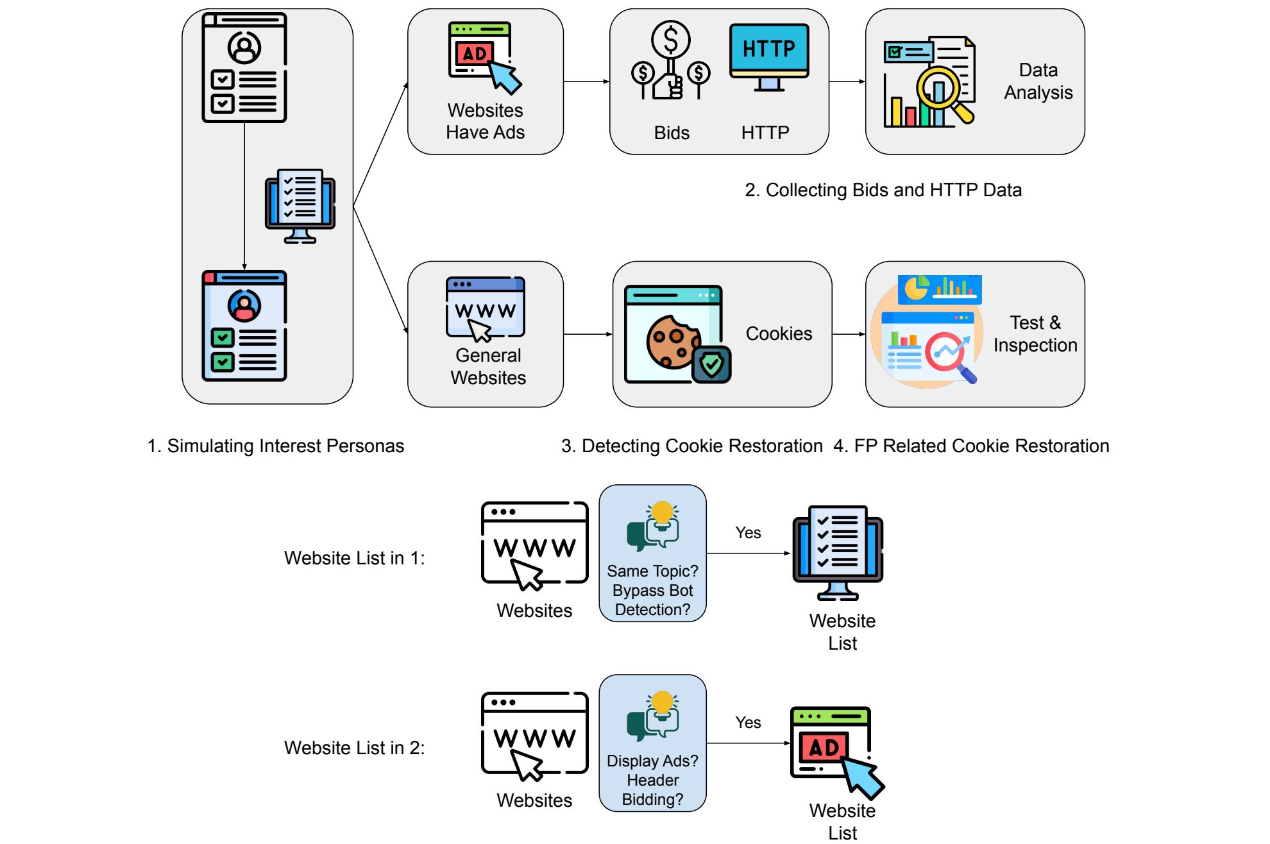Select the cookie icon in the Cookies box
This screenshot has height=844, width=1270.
[x=673, y=341]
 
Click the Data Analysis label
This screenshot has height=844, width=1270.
[x=1038, y=81]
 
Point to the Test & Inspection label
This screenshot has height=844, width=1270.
[x=1035, y=334]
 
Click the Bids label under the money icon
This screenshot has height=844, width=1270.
[x=672, y=133]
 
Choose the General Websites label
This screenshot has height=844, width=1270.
[x=488, y=367]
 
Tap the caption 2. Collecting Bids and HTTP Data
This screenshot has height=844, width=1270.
[x=883, y=190]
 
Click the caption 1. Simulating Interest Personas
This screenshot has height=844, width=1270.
[x=276, y=446]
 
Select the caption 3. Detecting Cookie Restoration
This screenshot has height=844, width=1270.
[x=691, y=446]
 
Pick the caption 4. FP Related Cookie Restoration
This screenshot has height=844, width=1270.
[x=971, y=446]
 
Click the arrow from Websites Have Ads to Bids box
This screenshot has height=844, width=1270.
[x=586, y=81]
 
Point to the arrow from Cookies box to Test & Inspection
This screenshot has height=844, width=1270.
[x=849, y=334]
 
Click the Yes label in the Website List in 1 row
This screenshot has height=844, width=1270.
[x=748, y=533]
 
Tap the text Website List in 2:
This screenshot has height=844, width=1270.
[x=354, y=748]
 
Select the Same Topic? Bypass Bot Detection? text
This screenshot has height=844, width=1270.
[x=652, y=590]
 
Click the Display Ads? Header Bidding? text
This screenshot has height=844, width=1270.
[x=652, y=780]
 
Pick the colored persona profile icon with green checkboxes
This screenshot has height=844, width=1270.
[x=244, y=326]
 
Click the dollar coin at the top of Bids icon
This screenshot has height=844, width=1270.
[x=670, y=39]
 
